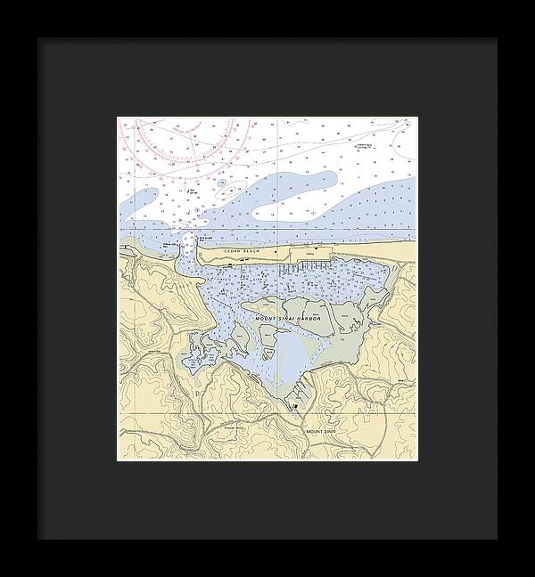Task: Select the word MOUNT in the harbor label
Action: [267, 318]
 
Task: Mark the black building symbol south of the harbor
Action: [294, 406]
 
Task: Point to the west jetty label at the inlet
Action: [169, 243]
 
